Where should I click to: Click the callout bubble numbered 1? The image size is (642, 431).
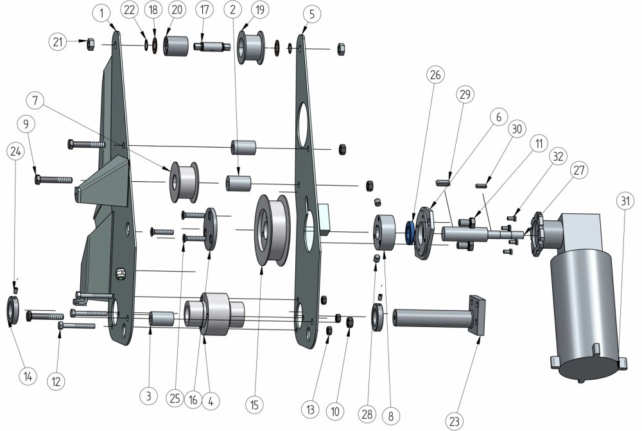[x=101, y=13]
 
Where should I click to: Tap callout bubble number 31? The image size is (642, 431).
[x=625, y=201]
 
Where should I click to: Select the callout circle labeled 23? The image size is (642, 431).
[x=455, y=421]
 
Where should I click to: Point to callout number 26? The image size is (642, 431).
[x=435, y=75]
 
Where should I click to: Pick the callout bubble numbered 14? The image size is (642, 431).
[x=28, y=376]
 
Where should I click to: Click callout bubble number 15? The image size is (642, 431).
[x=255, y=405]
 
